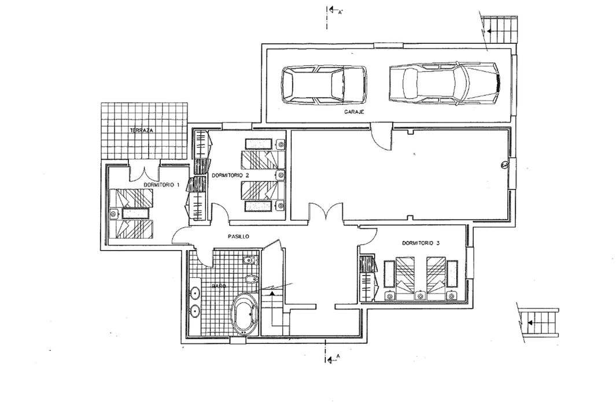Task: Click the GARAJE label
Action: coord(354,112)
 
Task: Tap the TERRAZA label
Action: coord(142,131)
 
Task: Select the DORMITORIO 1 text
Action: coord(161,184)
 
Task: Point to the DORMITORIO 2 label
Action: coord(230,176)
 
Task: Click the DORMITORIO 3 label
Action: coord(420,243)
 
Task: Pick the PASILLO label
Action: coord(238,237)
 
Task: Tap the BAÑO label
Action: coord(219,287)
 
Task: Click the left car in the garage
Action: coord(324,85)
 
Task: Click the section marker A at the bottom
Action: coord(332,358)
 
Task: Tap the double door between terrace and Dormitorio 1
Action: coord(144,172)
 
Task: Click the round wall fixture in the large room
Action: coord(504,166)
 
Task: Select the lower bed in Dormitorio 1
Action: coord(131,229)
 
